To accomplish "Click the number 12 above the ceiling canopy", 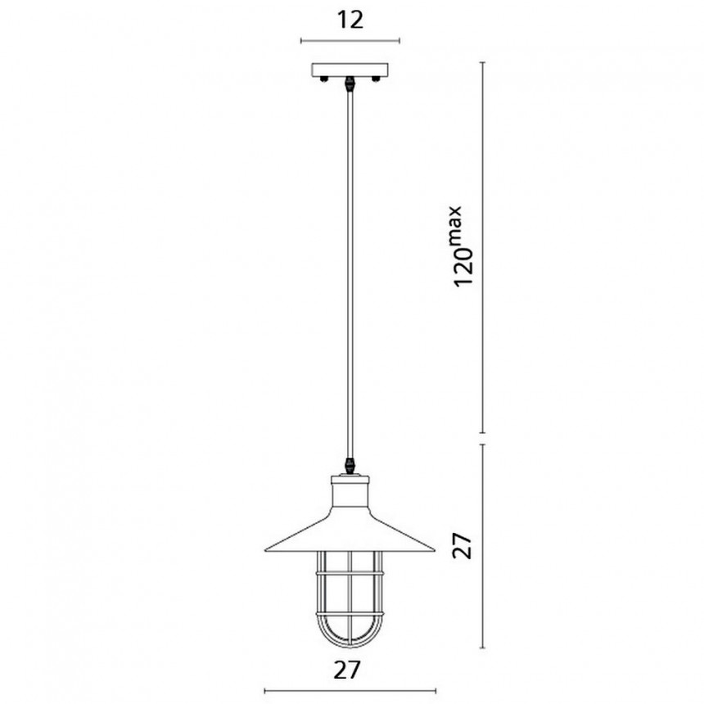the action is (x=350, y=20).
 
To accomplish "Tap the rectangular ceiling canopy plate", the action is (x=350, y=70).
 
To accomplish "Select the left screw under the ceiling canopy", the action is (x=323, y=79).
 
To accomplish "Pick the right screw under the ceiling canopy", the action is (x=376, y=79).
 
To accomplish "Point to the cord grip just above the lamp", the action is (x=350, y=465).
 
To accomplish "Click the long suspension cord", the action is (x=350, y=274).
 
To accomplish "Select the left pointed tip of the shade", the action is (x=265, y=549).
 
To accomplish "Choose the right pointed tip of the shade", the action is (x=434, y=549).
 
